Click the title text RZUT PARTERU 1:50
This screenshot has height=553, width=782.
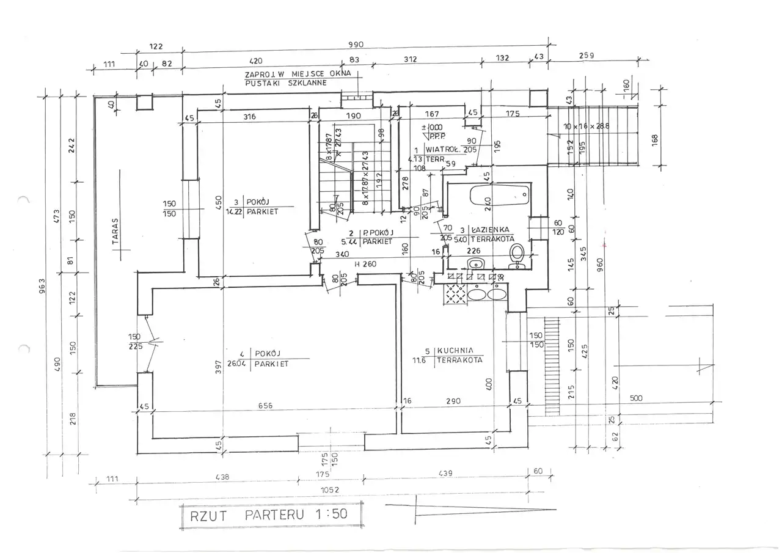pos(269,514)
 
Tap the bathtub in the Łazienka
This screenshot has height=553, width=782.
pos(499,196)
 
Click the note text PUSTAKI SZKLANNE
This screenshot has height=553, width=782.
pos(285,82)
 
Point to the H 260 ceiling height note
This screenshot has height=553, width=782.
pos(365,263)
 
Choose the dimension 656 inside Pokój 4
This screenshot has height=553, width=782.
pos(266,405)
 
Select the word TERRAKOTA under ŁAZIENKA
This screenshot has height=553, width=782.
pos(492,238)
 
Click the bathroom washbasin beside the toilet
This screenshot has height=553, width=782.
pos(475,264)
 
